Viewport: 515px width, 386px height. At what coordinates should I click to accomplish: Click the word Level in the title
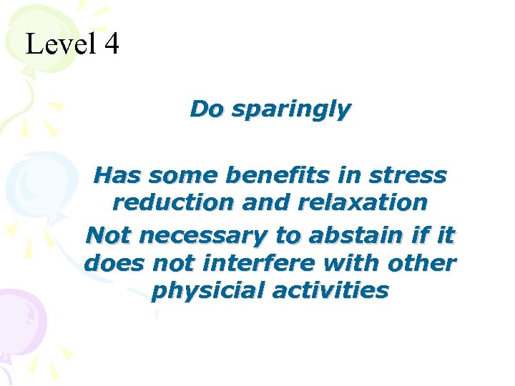coord(60,44)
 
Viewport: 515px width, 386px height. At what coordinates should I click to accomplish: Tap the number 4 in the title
coord(111,44)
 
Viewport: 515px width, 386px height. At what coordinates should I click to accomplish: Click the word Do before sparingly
coord(207,109)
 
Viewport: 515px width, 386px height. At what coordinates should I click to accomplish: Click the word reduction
coord(174,203)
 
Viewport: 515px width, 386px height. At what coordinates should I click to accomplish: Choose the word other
coord(421,263)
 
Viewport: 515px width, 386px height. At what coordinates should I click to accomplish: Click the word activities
coord(328,292)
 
